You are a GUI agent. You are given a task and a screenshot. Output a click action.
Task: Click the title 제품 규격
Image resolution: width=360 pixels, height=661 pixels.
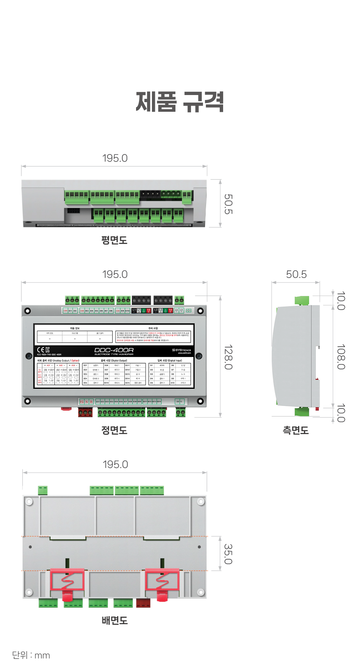180,102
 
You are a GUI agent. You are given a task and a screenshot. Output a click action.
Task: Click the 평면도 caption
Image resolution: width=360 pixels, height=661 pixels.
114,240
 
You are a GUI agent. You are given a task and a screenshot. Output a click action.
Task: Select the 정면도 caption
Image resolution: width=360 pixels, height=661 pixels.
114,430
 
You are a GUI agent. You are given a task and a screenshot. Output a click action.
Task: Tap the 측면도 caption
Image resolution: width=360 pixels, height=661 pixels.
296,430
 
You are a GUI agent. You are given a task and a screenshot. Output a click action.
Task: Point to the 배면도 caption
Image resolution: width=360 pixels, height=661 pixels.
115,620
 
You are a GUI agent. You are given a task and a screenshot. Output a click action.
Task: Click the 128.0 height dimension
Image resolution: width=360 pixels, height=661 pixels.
228,357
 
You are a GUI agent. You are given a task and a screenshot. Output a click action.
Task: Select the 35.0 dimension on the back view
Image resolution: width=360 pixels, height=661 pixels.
228,554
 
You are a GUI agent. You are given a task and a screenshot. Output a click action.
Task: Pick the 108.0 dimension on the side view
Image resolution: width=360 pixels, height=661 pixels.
341,357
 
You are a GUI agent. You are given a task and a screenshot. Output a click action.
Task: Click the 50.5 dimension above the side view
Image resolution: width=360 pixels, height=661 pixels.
296,275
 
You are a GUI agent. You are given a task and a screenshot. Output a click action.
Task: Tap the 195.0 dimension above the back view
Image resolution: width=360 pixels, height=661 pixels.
115,465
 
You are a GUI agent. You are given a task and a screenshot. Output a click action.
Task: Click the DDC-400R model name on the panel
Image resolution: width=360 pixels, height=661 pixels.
114,350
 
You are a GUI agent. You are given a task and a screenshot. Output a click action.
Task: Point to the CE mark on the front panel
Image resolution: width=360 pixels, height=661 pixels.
41,350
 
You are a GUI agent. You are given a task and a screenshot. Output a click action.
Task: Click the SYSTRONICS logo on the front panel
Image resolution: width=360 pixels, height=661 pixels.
182,350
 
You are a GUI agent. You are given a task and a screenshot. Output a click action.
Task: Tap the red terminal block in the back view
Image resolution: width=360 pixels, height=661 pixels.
143,603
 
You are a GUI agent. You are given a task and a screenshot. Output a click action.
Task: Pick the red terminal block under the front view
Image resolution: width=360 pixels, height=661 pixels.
85,413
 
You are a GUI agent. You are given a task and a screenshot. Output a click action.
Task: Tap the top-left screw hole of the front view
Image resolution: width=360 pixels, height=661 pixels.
28,311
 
